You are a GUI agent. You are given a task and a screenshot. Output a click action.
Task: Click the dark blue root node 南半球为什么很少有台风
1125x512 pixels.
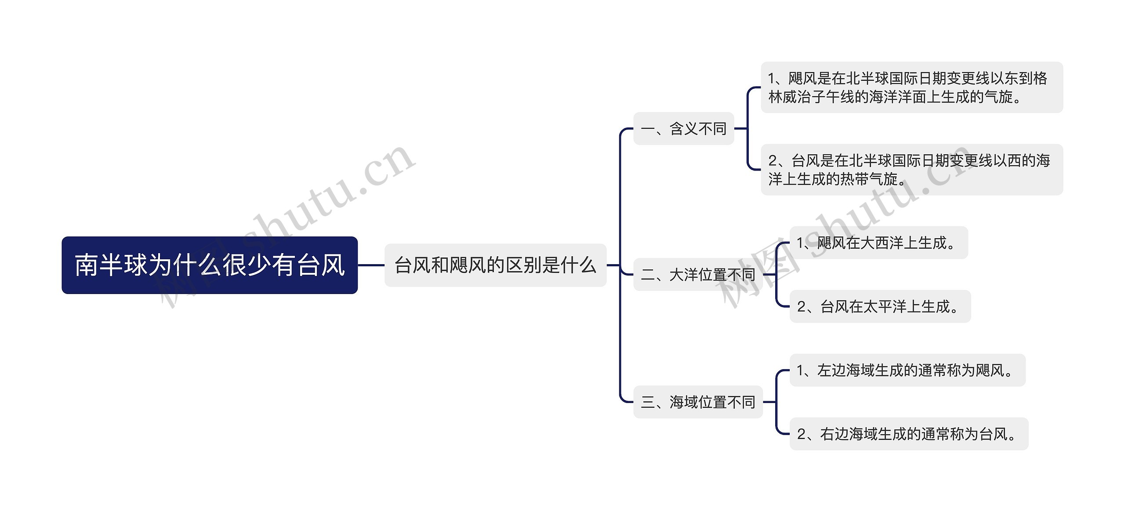coord(209,265)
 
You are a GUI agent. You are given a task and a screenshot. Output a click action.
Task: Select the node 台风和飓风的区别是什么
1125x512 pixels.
coord(495,265)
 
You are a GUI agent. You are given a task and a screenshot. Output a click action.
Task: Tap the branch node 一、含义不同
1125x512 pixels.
coord(683,129)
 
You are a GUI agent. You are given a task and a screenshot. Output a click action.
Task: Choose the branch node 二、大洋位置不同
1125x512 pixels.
coord(698,275)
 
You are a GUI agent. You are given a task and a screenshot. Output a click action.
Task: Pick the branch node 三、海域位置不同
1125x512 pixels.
coord(698,402)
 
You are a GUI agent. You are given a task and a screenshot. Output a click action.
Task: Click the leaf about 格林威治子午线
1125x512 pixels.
coord(911,87)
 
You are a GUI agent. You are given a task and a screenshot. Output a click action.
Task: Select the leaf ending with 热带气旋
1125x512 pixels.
coord(911,170)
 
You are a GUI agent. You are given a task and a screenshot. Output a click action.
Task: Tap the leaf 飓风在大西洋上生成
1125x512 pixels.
coord(878,243)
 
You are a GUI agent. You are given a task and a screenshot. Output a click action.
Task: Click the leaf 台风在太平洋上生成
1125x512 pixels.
coord(880,306)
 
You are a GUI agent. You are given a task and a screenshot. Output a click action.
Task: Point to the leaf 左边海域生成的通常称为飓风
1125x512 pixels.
coord(907,370)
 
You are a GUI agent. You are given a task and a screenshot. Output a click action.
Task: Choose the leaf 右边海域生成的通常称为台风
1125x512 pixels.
coord(909,434)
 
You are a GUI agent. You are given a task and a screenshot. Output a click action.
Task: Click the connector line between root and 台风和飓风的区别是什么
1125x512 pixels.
coord(371,265)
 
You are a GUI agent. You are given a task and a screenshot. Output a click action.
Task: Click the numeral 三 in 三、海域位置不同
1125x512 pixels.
coord(648,402)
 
